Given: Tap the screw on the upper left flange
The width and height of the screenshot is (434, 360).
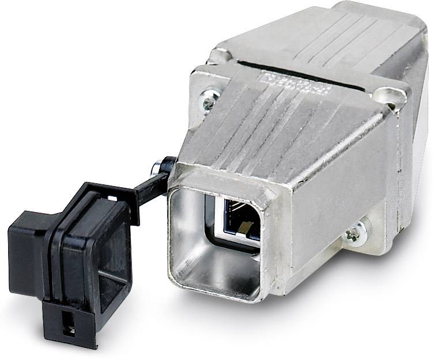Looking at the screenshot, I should pyautogui.click(x=208, y=102).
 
